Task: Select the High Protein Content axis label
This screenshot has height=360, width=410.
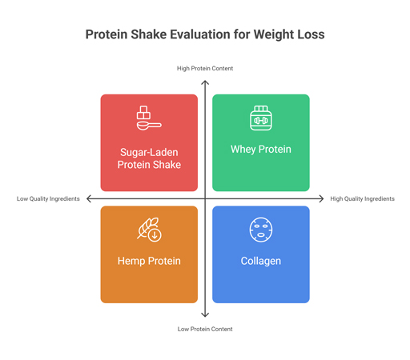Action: (x=205, y=69)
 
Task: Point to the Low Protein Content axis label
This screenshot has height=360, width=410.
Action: (x=205, y=329)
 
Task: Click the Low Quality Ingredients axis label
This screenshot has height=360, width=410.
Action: (x=48, y=199)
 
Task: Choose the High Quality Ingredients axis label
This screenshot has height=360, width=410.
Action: (x=362, y=199)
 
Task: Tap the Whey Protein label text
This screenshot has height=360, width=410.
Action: (x=261, y=150)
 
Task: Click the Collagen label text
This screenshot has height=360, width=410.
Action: (x=261, y=261)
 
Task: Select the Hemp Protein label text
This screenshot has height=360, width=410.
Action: (x=149, y=261)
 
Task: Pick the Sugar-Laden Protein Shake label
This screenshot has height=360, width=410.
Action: (x=149, y=158)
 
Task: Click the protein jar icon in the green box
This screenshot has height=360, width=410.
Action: (x=261, y=118)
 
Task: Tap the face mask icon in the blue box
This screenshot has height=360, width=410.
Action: (x=261, y=230)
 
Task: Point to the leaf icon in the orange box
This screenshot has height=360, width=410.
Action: (x=149, y=230)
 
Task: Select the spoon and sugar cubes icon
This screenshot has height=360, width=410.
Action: (x=148, y=118)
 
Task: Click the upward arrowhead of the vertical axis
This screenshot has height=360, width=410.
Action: (x=205, y=82)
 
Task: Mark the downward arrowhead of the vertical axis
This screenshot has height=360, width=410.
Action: (x=205, y=315)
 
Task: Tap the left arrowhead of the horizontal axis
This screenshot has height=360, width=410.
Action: (x=89, y=198)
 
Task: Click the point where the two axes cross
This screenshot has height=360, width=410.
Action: (x=205, y=198)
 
